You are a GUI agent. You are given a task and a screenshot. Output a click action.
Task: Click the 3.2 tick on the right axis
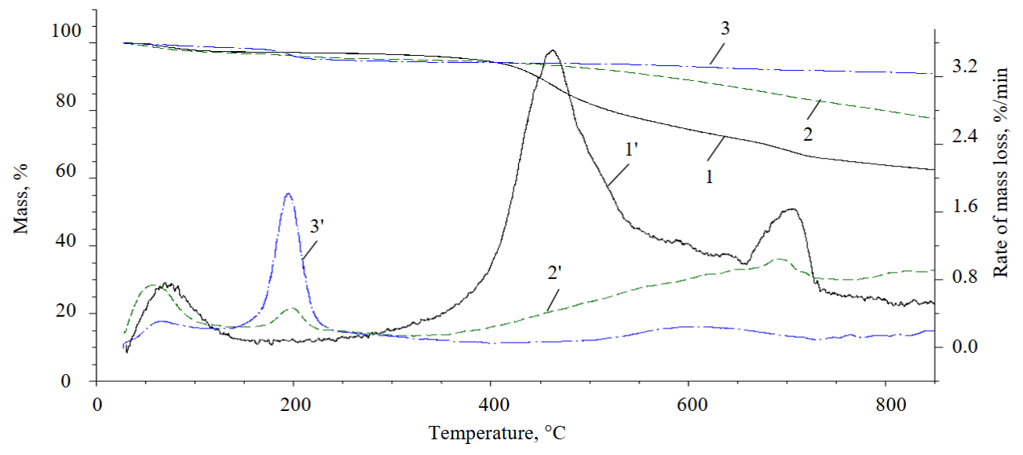pyautogui.click(x=964, y=68)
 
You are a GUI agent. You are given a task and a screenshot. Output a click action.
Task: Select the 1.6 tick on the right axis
pyautogui.click(x=964, y=207)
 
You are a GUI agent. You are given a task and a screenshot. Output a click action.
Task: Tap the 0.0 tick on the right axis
pyautogui.click(x=964, y=347)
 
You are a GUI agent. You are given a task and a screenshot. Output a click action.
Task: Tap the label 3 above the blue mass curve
pyautogui.click(x=725, y=30)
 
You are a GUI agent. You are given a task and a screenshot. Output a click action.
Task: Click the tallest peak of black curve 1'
pyautogui.click(x=551, y=51)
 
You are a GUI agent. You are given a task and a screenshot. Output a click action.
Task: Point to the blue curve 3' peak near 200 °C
pyautogui.click(x=288, y=193)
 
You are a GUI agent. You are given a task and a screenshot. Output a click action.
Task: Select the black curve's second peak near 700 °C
pyautogui.click(x=791, y=209)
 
